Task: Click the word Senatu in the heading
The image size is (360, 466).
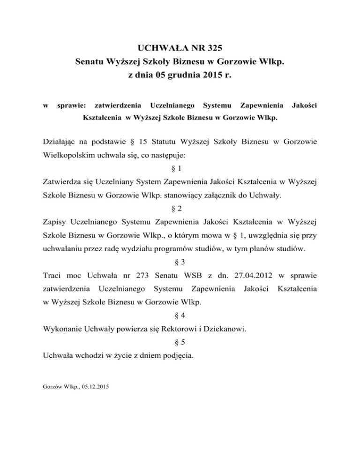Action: [91, 62]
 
